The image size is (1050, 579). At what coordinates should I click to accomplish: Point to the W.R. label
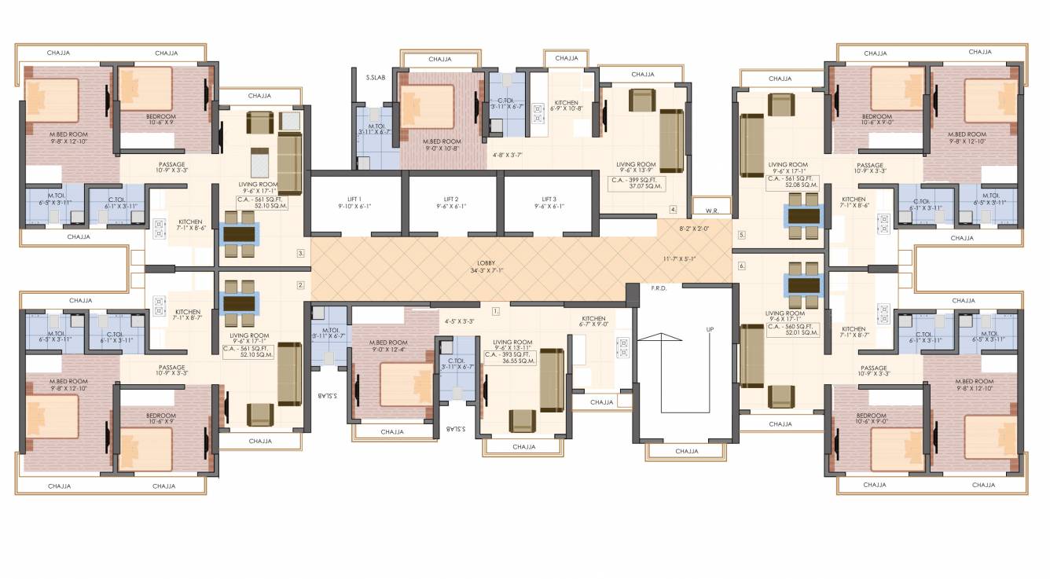(712, 210)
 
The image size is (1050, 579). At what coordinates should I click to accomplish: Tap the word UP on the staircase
(710, 329)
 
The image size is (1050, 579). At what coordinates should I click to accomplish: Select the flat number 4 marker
(673, 210)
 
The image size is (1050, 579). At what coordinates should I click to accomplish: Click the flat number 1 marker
(495, 311)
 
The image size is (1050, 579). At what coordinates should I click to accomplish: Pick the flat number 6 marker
(741, 266)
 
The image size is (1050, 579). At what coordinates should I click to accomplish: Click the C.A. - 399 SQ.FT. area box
(637, 185)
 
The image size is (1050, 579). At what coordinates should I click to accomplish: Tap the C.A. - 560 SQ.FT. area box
(792, 329)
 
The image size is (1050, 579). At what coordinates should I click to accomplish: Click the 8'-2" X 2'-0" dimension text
(695, 229)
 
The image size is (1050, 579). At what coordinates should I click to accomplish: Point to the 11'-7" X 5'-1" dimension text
(680, 258)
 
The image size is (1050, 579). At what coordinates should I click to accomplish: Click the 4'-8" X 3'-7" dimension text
(508, 155)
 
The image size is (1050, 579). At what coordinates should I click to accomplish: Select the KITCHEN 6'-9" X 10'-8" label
(566, 105)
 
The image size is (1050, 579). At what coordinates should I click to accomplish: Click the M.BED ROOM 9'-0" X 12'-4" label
(388, 346)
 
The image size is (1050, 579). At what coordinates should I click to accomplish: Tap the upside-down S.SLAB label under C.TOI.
(455, 429)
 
